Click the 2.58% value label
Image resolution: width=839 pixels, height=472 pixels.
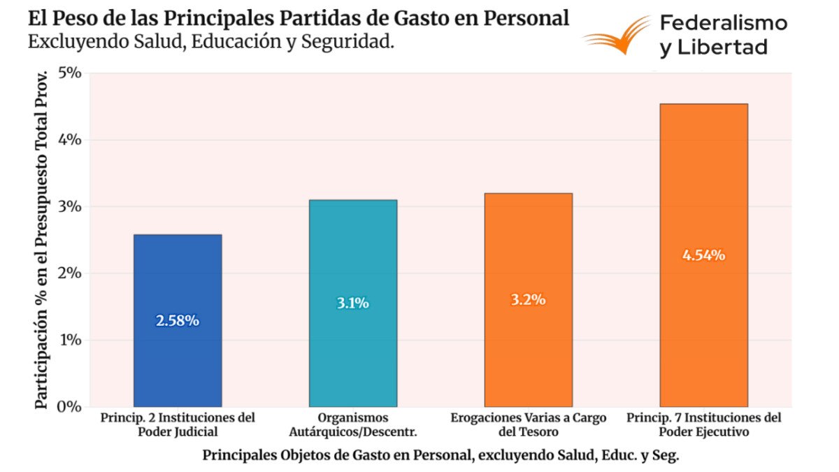178,321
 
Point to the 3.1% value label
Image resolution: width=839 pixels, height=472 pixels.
352,303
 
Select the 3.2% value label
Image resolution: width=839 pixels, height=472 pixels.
528,300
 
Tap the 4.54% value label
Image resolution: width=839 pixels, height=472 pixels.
703,255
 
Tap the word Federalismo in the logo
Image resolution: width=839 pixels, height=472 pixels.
724,23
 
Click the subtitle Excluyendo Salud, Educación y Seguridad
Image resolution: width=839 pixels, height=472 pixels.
211,41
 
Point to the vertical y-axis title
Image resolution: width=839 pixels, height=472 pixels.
43,238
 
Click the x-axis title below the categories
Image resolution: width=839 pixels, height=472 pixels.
440,455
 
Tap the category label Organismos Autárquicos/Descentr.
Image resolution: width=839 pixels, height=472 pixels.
352,424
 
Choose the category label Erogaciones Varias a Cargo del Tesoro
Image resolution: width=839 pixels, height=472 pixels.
528,424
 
